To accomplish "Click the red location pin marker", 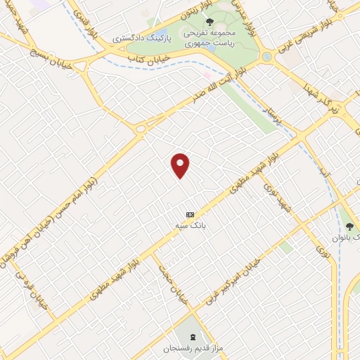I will [181, 165].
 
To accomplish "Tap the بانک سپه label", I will [190, 224].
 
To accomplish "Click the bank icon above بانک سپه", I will [190, 214].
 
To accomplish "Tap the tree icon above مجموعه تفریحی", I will [210, 21].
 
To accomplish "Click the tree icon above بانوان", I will [349, 226].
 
